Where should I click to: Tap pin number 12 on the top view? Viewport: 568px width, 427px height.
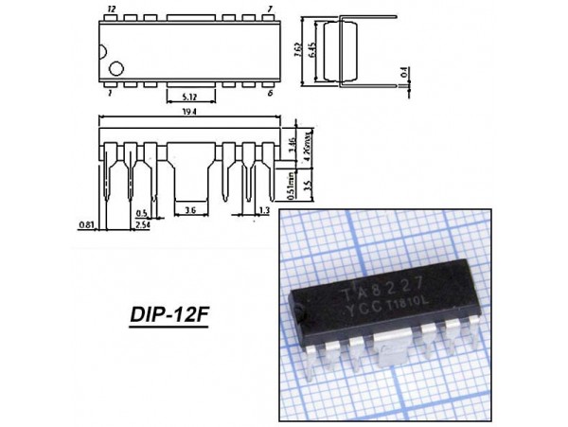113,9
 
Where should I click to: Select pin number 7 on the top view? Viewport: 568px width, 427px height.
271,9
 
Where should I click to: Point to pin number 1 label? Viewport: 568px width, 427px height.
112,94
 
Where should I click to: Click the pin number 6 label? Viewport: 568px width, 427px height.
271,94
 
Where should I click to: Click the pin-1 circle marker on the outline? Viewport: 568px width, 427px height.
116,69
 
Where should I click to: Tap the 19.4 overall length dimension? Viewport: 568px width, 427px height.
189,111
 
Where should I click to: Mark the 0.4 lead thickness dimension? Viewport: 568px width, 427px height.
403,71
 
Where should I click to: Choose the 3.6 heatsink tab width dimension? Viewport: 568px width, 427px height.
190,210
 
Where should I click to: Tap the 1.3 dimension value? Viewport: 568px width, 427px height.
263,210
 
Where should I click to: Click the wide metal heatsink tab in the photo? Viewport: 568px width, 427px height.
392,351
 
